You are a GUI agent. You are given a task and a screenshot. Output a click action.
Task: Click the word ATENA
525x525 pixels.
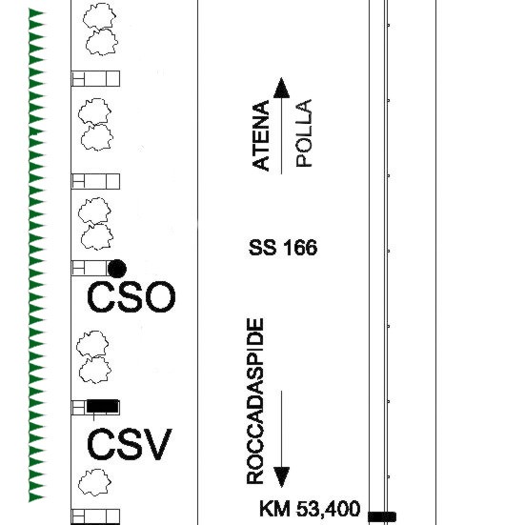click(261, 135)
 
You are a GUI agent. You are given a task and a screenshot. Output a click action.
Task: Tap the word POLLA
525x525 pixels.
click(304, 133)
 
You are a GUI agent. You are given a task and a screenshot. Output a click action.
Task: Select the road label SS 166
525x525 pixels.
click(283, 248)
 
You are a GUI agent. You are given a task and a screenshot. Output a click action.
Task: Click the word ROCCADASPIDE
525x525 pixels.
click(255, 401)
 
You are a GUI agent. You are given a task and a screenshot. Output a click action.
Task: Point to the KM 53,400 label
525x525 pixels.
click(310, 508)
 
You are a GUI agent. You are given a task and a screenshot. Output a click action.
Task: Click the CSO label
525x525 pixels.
click(131, 297)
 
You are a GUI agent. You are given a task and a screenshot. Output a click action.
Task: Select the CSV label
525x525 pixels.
click(130, 445)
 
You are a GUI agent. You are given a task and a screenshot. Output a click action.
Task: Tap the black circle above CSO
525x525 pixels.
click(117, 269)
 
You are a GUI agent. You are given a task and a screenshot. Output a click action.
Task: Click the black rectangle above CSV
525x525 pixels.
click(103, 406)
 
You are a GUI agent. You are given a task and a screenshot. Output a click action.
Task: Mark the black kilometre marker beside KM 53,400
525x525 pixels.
click(382, 516)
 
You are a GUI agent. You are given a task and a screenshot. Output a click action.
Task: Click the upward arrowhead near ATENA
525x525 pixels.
click(282, 88)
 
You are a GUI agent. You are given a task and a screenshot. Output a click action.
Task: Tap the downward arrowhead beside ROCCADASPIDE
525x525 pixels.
click(282, 477)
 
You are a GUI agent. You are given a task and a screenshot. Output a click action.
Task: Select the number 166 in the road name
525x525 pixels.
click(300, 248)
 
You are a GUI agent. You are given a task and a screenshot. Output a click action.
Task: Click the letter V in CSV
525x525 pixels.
click(157, 445)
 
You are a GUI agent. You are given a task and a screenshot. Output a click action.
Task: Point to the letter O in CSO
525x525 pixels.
click(160, 297)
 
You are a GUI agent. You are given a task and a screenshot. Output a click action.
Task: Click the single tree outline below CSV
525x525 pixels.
click(94, 482)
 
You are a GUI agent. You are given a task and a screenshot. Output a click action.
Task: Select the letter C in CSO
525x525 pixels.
click(99, 297)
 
